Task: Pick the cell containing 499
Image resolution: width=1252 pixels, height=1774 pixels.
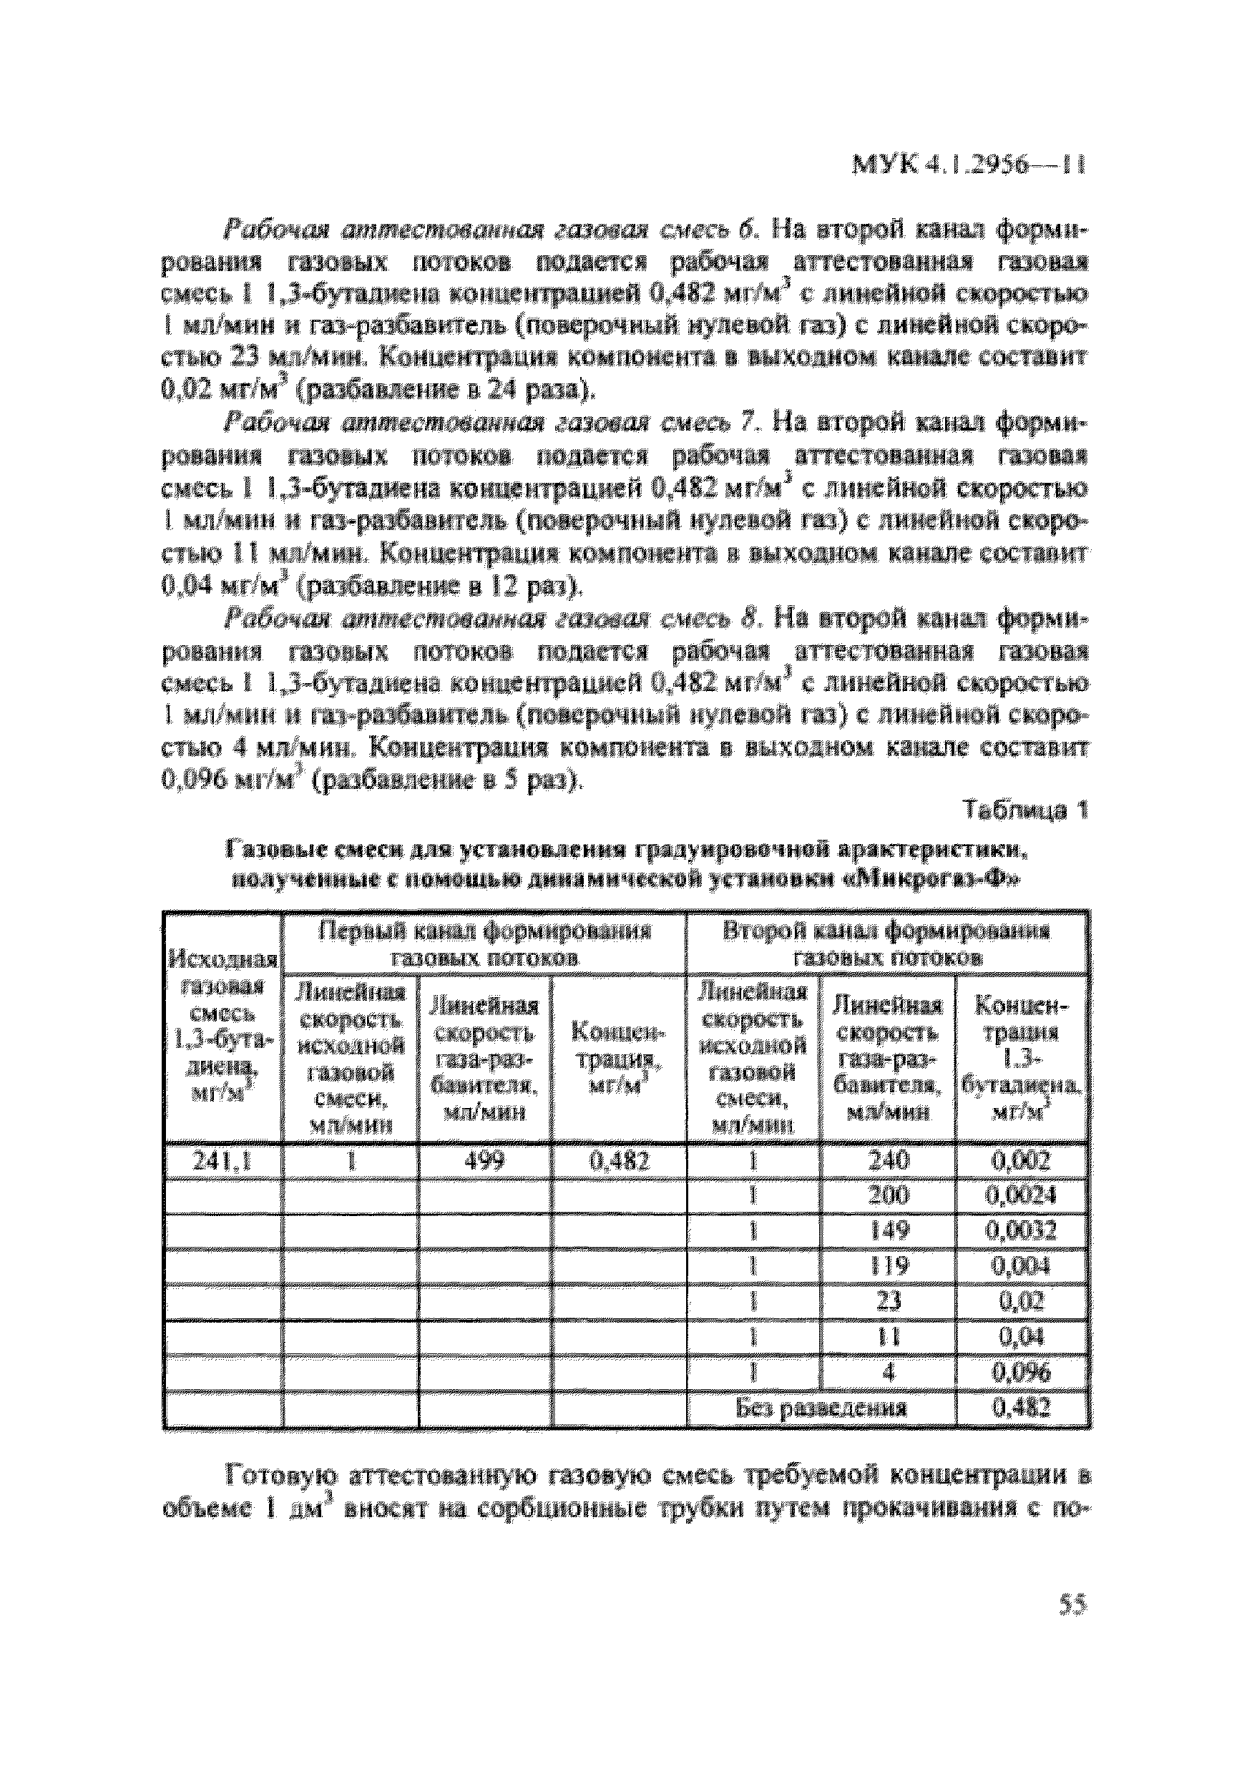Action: [484, 1161]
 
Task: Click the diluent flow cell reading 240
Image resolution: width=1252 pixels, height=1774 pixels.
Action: [888, 1160]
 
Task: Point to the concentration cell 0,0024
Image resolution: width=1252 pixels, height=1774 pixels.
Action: [1022, 1196]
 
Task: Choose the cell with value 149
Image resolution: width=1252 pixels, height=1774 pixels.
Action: [888, 1231]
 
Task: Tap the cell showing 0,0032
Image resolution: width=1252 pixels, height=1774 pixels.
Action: [1022, 1231]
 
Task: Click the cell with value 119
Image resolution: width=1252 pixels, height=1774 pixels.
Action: [888, 1266]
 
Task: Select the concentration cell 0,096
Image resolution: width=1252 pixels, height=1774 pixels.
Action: [1022, 1373]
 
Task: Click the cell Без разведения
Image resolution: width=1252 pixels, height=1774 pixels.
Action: [821, 1408]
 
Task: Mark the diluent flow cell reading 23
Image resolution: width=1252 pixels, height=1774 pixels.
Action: [888, 1302]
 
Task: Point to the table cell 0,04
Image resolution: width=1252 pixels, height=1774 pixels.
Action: [1022, 1338]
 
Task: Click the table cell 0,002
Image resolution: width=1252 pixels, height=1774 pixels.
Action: [1022, 1160]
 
